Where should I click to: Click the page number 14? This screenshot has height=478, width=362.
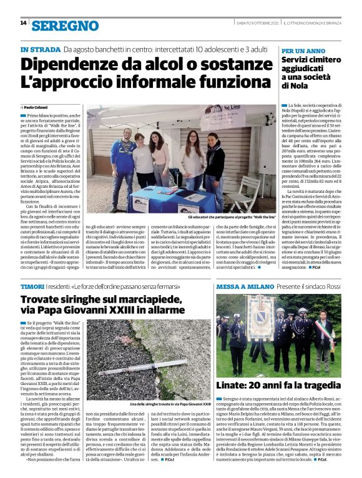23,23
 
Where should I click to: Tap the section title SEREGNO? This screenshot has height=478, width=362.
66,26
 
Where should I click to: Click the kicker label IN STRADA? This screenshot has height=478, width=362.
39,49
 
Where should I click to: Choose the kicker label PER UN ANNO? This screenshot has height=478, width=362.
303,50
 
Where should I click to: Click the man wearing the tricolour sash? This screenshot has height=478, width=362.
323,338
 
